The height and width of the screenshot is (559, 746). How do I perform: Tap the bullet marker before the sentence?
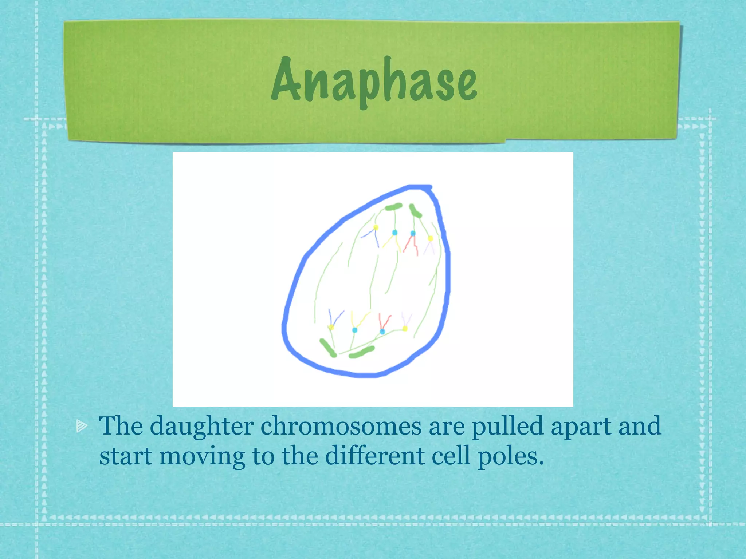tap(82, 426)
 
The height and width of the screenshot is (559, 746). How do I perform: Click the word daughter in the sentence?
tap(201, 426)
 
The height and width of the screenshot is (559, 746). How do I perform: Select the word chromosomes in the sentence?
tap(341, 426)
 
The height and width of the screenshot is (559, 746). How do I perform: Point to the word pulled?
tap(507, 426)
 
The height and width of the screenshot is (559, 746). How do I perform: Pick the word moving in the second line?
tap(202, 456)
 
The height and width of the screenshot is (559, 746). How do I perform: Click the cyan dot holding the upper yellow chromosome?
tap(394, 233)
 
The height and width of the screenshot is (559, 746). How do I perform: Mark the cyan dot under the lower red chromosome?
tap(382, 332)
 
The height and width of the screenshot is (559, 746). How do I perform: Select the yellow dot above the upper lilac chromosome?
tap(430, 239)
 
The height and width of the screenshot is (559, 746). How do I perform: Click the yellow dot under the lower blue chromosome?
tap(331, 328)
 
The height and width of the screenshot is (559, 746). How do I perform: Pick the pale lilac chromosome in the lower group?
tap(406, 320)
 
